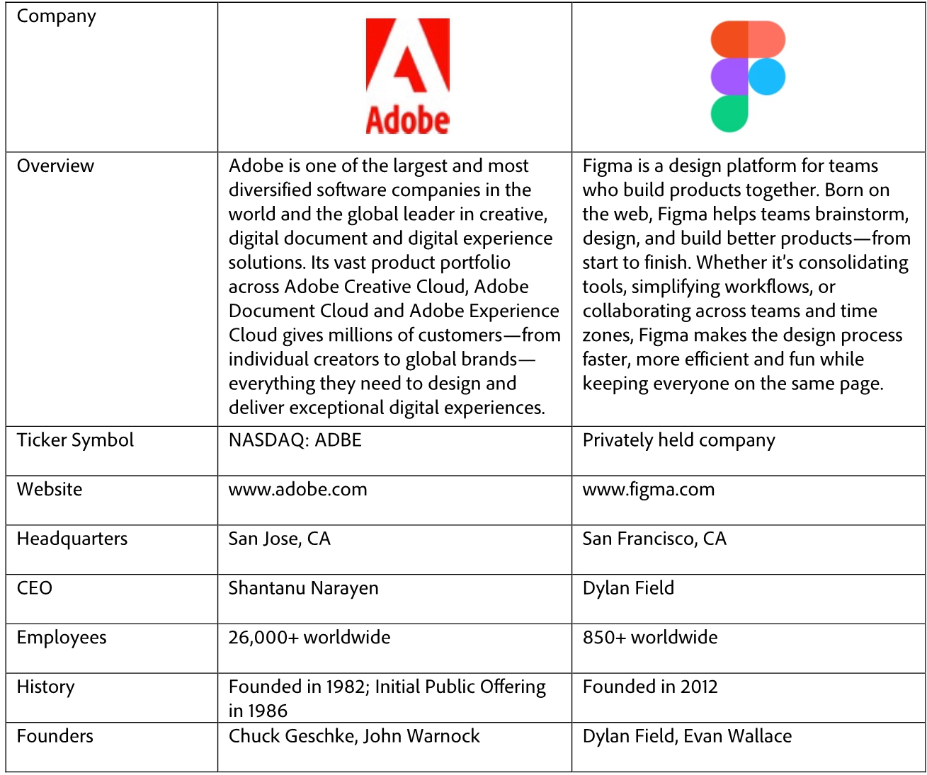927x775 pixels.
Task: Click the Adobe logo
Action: [x=407, y=76]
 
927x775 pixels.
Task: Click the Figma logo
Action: [x=748, y=76]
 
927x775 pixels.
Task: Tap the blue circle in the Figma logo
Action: [x=767, y=76]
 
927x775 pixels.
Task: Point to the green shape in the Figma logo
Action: [x=729, y=113]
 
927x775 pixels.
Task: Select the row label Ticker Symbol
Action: [x=75, y=440]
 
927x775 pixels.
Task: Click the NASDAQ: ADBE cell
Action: [x=295, y=440]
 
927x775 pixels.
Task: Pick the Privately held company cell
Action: [x=678, y=440]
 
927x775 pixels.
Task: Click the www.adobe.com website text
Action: [x=297, y=490]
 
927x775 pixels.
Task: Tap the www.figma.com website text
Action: [x=648, y=490]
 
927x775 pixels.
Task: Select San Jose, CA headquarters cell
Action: [x=279, y=539]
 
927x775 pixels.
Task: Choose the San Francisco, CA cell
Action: [x=654, y=539]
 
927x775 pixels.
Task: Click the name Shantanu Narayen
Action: [x=303, y=588]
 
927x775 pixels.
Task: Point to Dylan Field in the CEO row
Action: [x=628, y=588]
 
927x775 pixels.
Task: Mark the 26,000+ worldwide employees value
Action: [x=309, y=638]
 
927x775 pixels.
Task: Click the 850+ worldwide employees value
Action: [x=649, y=638]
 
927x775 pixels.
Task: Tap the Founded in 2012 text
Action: [x=649, y=687]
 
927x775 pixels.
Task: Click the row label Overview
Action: [x=55, y=166]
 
